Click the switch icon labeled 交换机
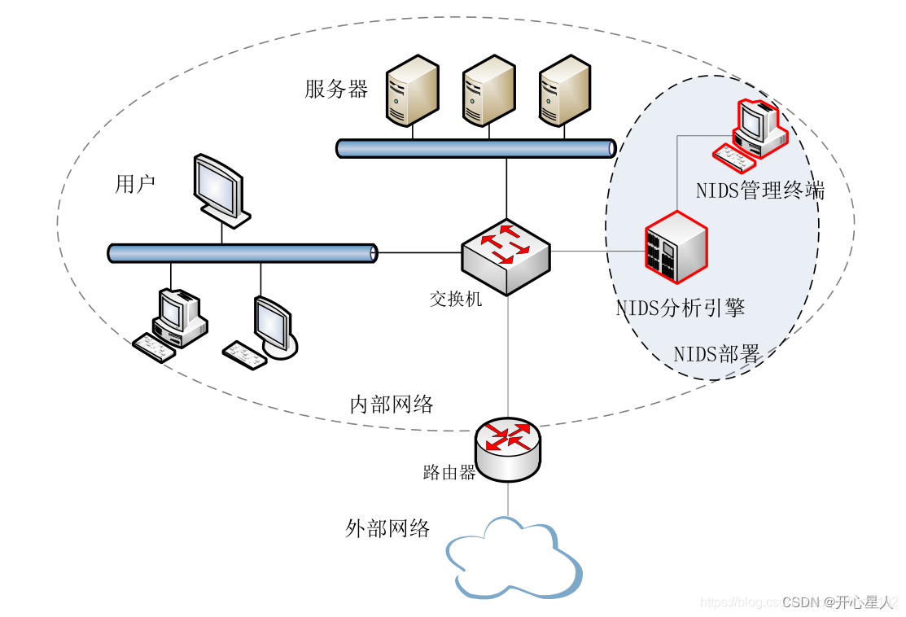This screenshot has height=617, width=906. pyautogui.click(x=506, y=255)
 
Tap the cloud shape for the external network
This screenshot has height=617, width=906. pyautogui.click(x=514, y=560)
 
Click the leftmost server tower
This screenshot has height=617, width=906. pyautogui.click(x=412, y=90)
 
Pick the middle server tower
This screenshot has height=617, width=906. pyautogui.click(x=488, y=90)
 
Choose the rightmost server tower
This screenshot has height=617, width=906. pyautogui.click(x=564, y=90)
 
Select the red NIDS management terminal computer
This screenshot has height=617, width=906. pyautogui.click(x=752, y=135)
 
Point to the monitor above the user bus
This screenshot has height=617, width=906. pyautogui.click(x=220, y=190)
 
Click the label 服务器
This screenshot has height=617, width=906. pyautogui.click(x=336, y=89)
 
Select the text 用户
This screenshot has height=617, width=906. pyautogui.click(x=135, y=185)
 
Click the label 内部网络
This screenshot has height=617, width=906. pyautogui.click(x=391, y=404)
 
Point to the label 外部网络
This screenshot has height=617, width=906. pyautogui.click(x=387, y=528)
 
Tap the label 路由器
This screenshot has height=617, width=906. pyautogui.click(x=449, y=473)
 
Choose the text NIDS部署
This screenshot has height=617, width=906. pyautogui.click(x=716, y=354)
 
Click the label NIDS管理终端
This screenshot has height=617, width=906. pyautogui.click(x=759, y=190)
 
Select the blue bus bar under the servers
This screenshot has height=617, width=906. pyautogui.click(x=476, y=147)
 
